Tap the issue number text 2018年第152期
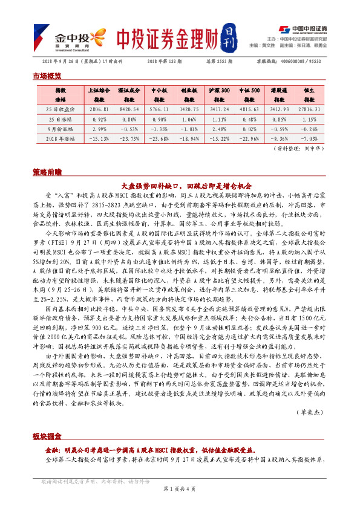[x=165, y=62]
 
